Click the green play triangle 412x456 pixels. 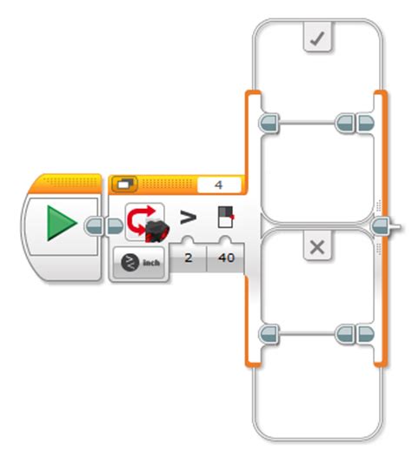point(58,225)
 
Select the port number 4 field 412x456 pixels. point(218,185)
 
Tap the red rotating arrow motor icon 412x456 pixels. point(144,224)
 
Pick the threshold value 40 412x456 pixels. point(225,258)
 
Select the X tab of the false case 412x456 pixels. point(316,248)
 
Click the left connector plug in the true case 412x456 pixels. point(269,123)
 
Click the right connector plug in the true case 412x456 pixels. point(355,123)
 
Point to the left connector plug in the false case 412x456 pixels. point(269,333)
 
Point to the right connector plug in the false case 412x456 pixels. point(355,333)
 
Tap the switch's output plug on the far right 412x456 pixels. point(382,227)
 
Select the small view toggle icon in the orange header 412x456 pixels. point(123,185)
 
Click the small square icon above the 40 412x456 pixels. point(226,218)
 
